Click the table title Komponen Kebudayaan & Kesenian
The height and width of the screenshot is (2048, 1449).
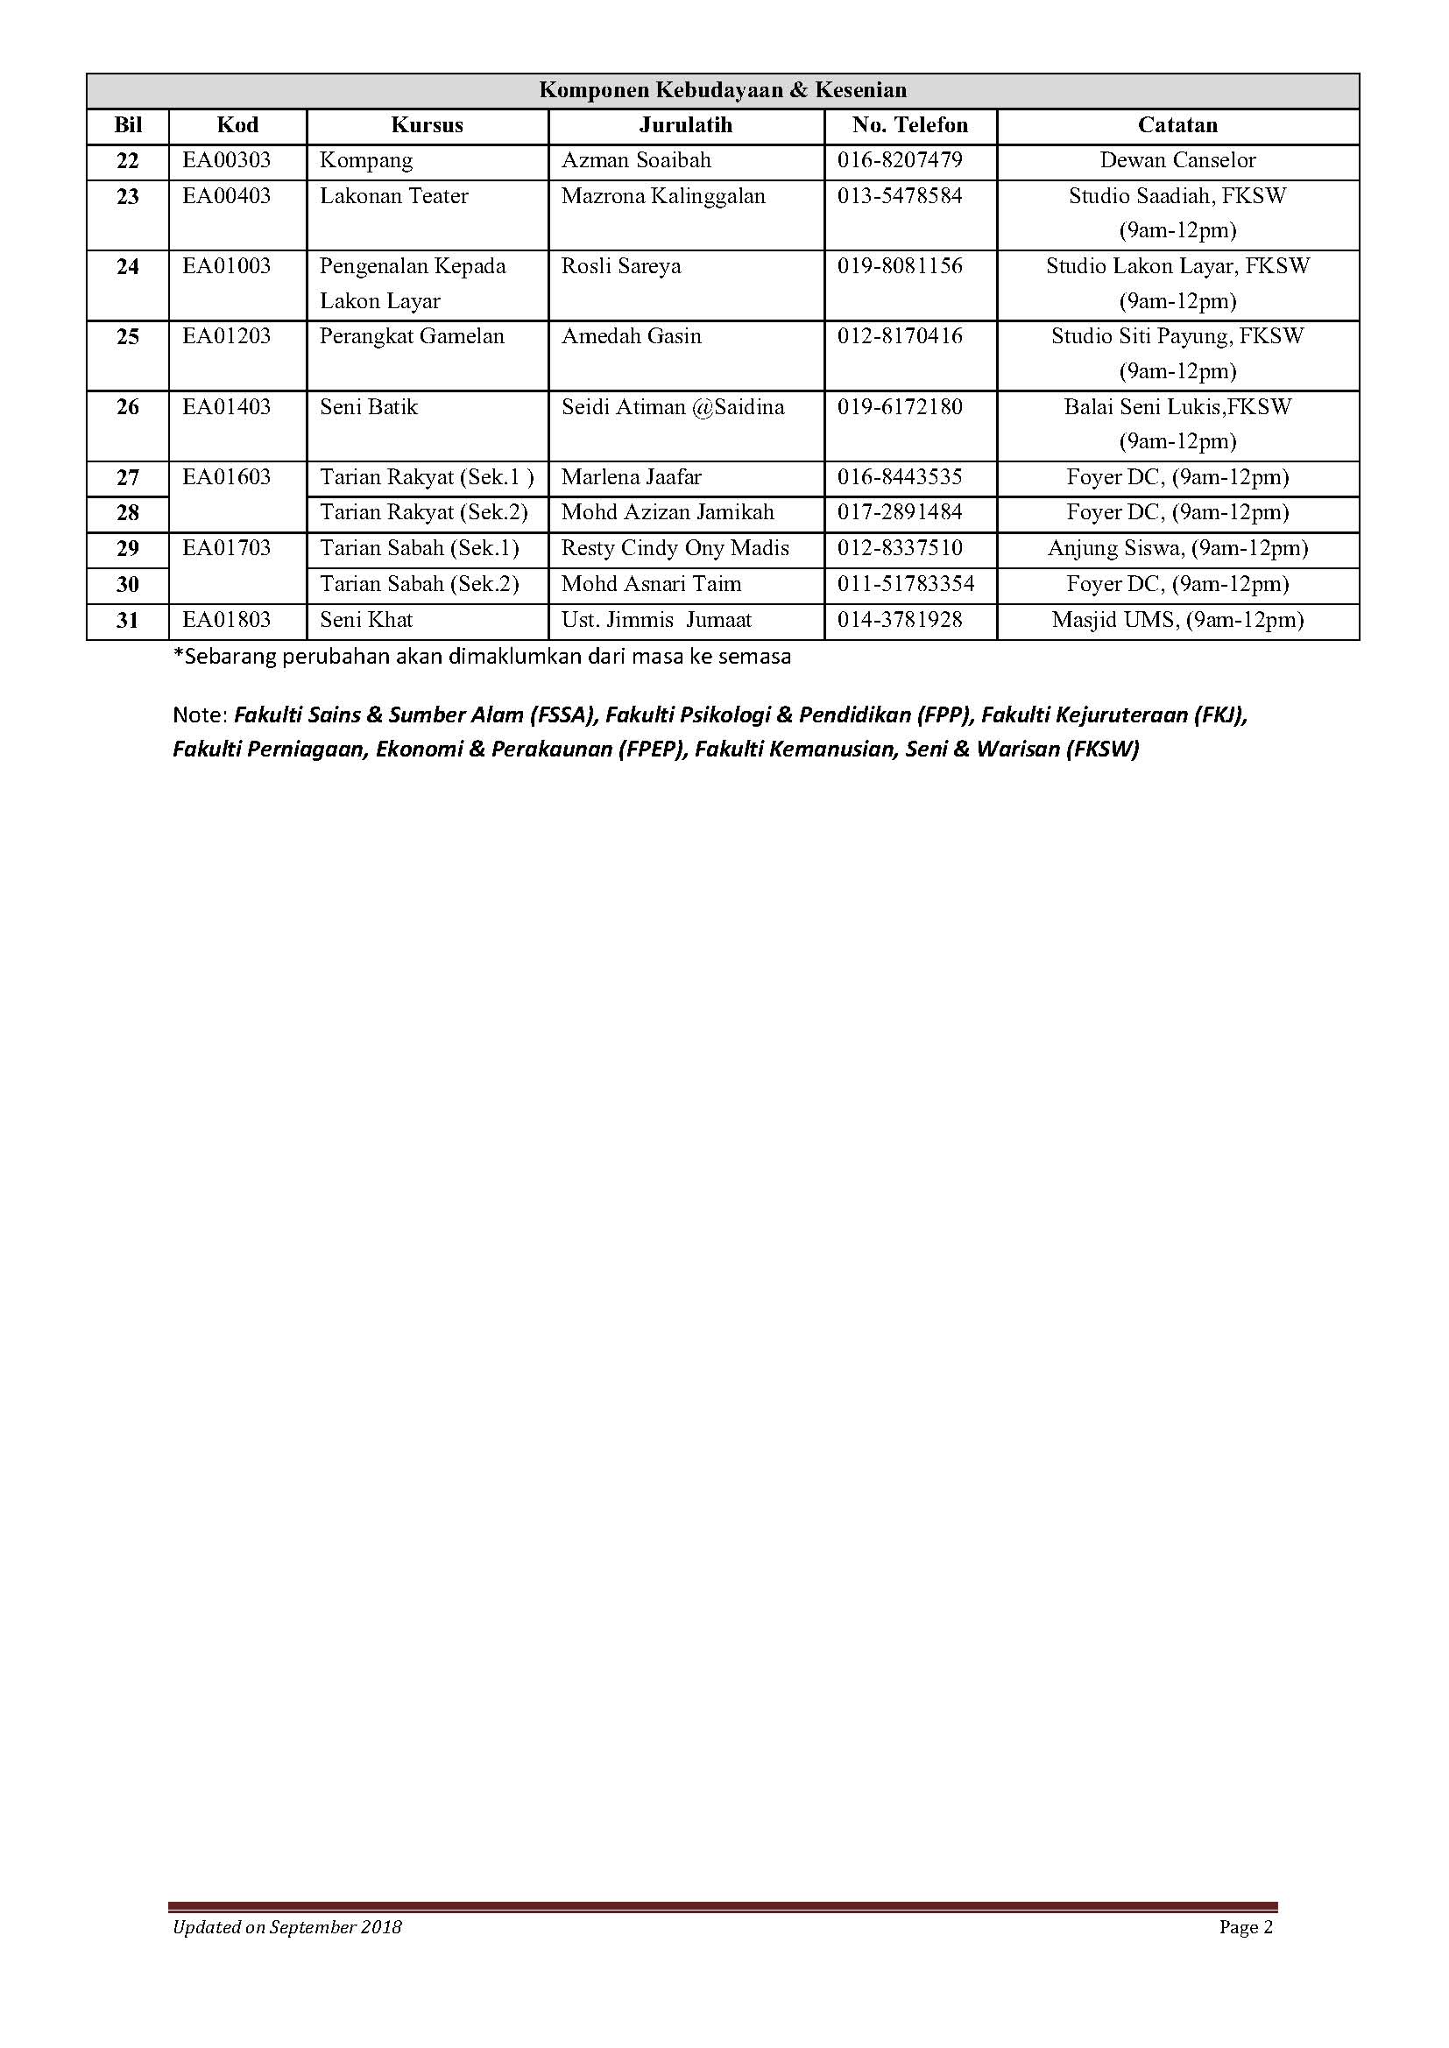[x=723, y=90]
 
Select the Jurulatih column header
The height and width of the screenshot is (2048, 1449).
[x=685, y=125]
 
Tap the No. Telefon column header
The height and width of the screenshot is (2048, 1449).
[x=909, y=125]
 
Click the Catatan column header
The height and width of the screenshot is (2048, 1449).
[x=1177, y=125]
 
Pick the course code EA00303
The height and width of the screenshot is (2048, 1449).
[x=227, y=160]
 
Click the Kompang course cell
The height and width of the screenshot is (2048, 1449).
[x=367, y=160]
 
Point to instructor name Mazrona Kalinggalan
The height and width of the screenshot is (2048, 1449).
[x=663, y=196]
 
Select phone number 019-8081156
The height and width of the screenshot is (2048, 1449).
[x=900, y=266]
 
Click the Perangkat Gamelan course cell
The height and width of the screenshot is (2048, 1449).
[x=413, y=336]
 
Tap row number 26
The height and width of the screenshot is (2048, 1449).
[x=128, y=408]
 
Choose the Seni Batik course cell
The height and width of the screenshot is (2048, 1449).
[x=370, y=407]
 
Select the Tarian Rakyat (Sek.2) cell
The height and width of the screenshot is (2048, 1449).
[x=424, y=512]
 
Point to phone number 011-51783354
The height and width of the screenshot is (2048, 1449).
[x=906, y=584]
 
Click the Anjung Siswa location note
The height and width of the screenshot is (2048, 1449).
[x=1177, y=547]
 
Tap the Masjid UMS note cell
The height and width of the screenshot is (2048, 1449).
[x=1177, y=620]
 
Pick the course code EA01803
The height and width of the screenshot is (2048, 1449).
[x=227, y=620]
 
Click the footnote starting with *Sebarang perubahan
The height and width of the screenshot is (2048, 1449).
[x=482, y=658]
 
